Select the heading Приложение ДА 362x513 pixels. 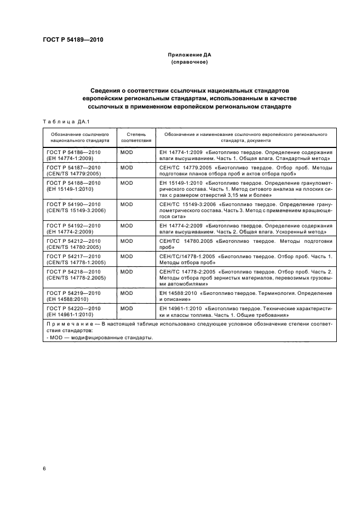pyautogui.click(x=189, y=55)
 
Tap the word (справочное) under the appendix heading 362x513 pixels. pyautogui.click(x=189, y=62)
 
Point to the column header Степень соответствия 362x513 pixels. pyautogui.click(x=135, y=136)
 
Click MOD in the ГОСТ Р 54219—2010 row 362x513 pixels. pyautogui.click(x=127, y=293)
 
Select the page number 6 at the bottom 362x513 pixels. pyautogui.click(x=44, y=469)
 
